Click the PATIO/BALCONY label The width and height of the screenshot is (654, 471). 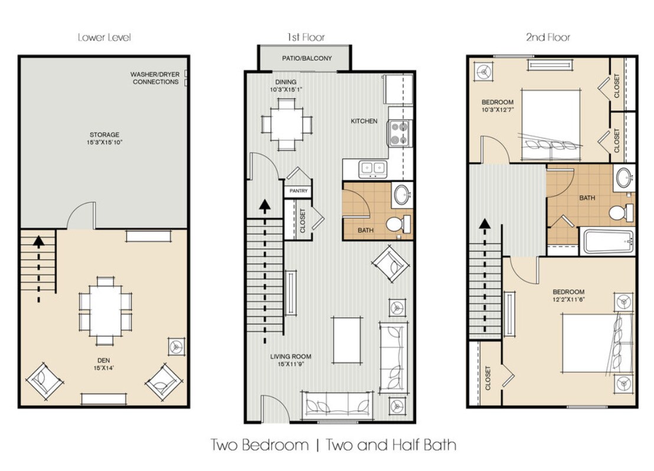click(306, 59)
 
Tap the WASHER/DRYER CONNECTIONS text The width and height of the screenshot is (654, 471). click(155, 78)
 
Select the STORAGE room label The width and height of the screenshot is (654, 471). click(104, 135)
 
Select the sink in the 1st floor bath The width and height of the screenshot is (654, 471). click(403, 195)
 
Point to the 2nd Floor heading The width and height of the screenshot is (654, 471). click(548, 38)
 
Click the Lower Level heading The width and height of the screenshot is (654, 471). click(104, 38)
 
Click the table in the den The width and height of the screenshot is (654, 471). click(106, 311)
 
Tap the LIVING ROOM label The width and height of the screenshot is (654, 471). click(290, 357)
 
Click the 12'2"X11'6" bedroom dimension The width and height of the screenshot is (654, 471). click(568, 299)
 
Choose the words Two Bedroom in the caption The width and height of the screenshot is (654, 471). click(260, 445)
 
